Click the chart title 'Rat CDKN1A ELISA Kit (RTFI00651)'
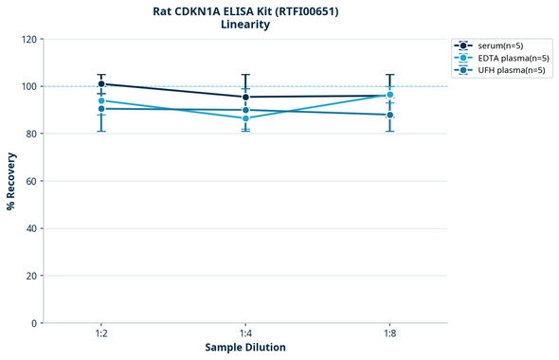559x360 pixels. pos(244,11)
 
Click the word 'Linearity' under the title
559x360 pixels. pos(244,26)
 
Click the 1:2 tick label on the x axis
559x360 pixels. pos(100,334)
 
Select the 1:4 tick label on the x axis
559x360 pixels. pos(245,334)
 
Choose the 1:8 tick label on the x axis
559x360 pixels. pos(389,334)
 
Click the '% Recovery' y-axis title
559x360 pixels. pos(11,181)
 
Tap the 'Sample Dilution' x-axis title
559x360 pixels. pos(245,348)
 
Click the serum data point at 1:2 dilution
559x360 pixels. pos(101,84)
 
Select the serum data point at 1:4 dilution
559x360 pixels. pos(245,97)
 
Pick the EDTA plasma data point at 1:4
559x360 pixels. pos(245,118)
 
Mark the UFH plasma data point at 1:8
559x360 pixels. pos(389,115)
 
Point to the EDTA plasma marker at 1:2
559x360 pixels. pos(101,100)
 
